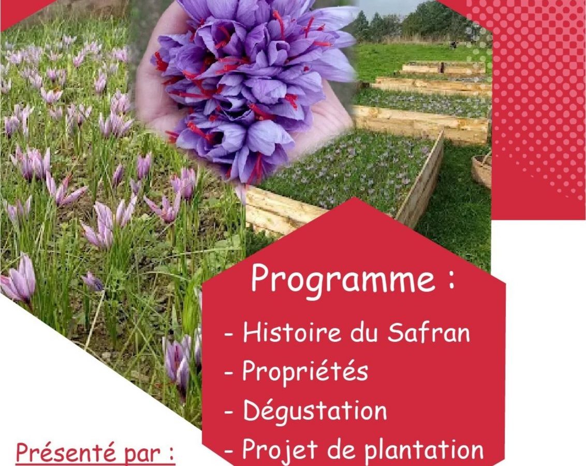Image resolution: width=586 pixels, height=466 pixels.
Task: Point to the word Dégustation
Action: pyautogui.click(x=315, y=410)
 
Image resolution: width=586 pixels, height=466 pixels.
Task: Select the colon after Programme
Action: pyautogui.click(x=451, y=280)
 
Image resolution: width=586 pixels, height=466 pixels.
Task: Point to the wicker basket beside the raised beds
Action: pyautogui.click(x=481, y=170)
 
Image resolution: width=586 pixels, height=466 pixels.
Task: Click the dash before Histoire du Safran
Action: pyautogui.click(x=229, y=333)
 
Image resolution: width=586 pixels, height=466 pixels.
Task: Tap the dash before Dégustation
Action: pyautogui.click(x=229, y=412)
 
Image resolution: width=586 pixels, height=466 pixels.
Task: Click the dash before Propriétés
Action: pyautogui.click(x=229, y=373)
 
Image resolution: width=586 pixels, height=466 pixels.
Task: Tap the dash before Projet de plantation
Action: pyautogui.click(x=229, y=451)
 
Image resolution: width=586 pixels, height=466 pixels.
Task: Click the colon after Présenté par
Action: pyautogui.click(x=171, y=455)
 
